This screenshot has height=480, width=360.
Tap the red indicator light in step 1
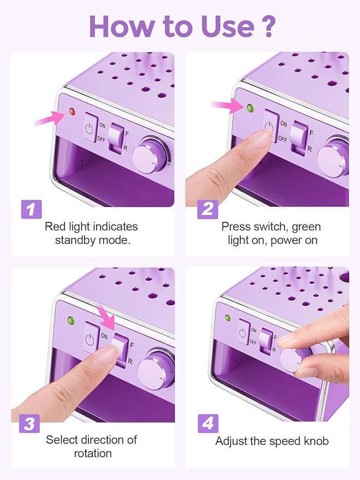(72, 112)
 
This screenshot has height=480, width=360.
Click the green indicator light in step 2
(251, 108)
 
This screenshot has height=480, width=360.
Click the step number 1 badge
(31, 209)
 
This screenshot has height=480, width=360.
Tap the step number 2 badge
(207, 209)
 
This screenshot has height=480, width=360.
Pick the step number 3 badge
(31, 423)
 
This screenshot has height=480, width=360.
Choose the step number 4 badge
(207, 423)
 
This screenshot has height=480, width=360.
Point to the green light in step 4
(227, 318)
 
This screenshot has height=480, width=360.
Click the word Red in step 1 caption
(56, 226)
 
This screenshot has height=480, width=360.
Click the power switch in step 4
(243, 333)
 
